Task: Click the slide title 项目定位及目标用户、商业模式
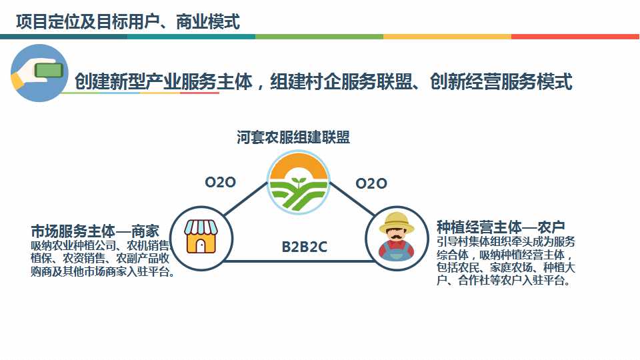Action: (127, 22)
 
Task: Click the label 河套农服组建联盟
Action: (293, 137)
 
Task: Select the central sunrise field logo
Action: (299, 183)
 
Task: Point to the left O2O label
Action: (220, 182)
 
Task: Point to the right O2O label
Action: (371, 183)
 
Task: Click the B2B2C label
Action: (304, 247)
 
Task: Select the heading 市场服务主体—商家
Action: (95, 231)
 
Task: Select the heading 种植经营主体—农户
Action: (501, 227)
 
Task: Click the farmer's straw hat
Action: (397, 222)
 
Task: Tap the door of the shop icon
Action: (201, 246)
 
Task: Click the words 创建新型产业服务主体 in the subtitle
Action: (163, 82)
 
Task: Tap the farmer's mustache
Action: (397, 237)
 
